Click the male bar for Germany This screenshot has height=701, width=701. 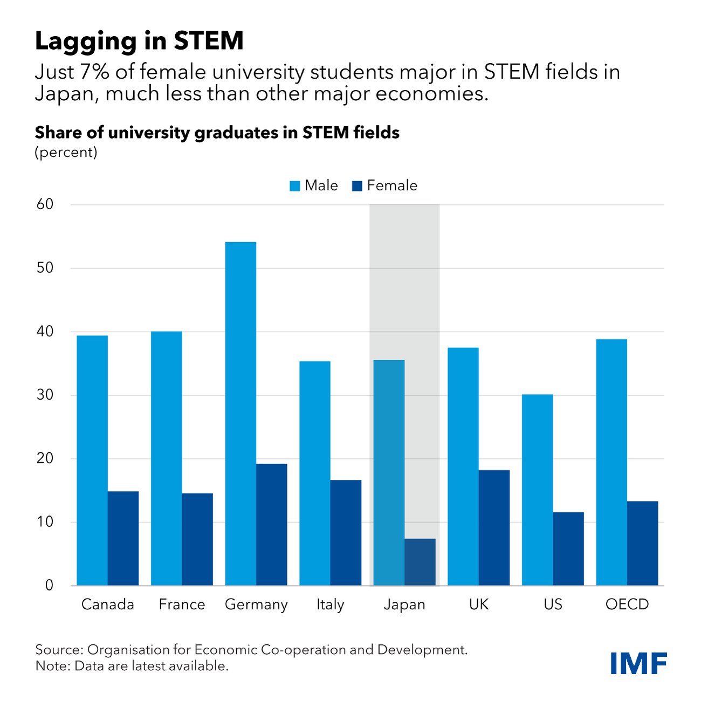(x=240, y=414)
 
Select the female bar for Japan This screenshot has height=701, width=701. (x=420, y=562)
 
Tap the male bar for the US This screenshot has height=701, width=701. (x=537, y=490)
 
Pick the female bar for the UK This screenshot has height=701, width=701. (x=494, y=527)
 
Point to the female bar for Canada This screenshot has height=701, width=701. (x=123, y=538)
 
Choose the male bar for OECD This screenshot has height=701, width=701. (x=611, y=462)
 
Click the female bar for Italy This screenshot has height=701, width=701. (x=346, y=532)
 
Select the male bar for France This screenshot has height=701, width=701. (x=166, y=458)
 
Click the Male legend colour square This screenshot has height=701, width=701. (x=295, y=186)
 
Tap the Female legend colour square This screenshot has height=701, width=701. (x=357, y=186)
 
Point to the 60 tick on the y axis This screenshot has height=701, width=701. (x=45, y=204)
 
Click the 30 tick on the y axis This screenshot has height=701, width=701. (x=45, y=395)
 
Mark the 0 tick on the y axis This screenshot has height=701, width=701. (x=49, y=585)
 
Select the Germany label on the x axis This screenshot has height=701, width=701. (x=256, y=604)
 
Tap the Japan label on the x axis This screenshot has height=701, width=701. (x=404, y=604)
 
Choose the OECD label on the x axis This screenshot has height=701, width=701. (x=627, y=604)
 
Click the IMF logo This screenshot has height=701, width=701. (x=639, y=663)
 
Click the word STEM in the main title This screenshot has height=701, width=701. (x=208, y=41)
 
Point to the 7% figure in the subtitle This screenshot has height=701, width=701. (x=94, y=72)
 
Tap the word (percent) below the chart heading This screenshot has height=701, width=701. (x=66, y=152)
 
